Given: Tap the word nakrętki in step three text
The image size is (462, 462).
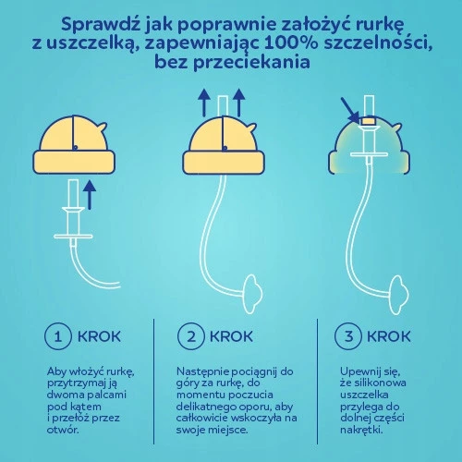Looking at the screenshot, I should coord(363,429).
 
